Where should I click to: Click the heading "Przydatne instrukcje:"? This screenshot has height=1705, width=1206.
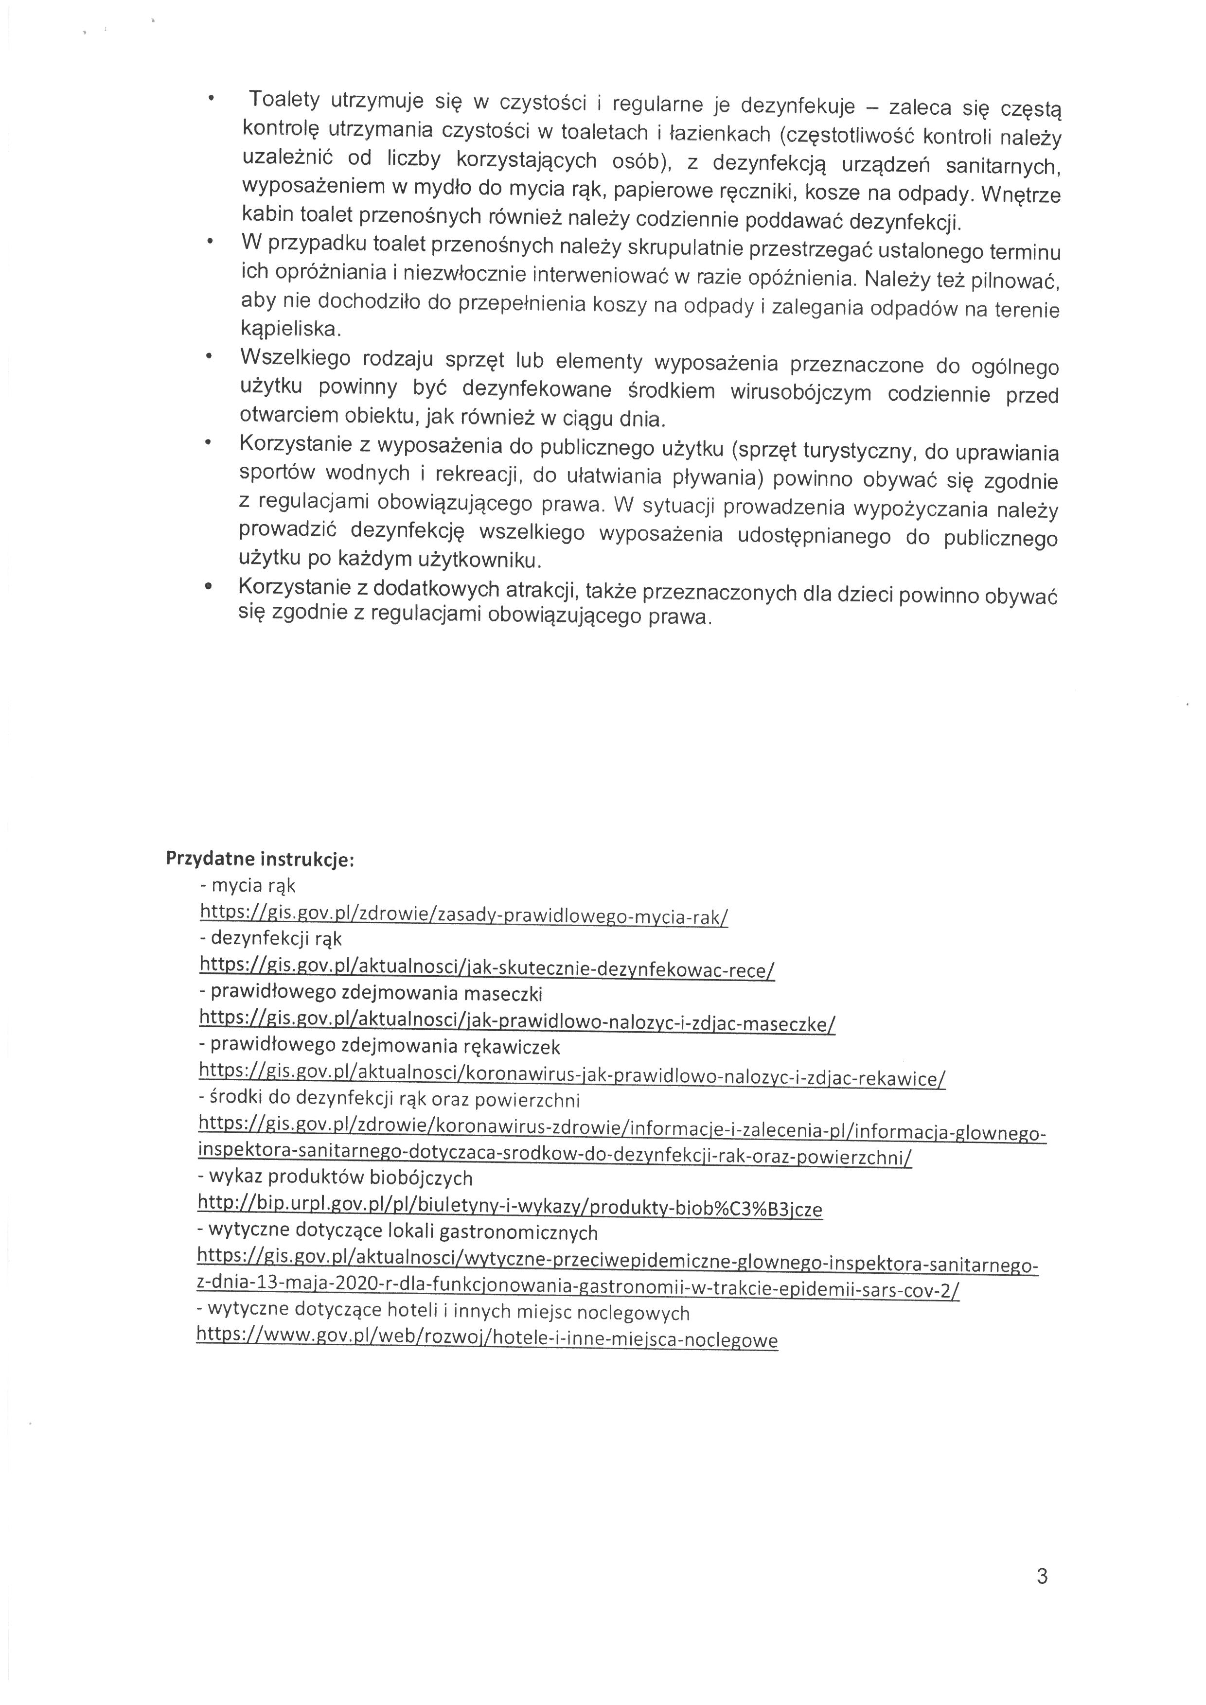(x=259, y=859)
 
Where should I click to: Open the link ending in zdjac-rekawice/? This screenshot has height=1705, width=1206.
(x=572, y=1077)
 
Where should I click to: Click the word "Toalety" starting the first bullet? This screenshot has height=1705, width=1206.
(x=284, y=100)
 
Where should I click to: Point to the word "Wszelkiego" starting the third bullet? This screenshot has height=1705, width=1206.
(x=295, y=358)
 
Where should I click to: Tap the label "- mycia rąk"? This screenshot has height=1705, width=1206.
(x=248, y=886)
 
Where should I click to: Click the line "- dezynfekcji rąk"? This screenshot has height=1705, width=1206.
(x=270, y=939)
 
